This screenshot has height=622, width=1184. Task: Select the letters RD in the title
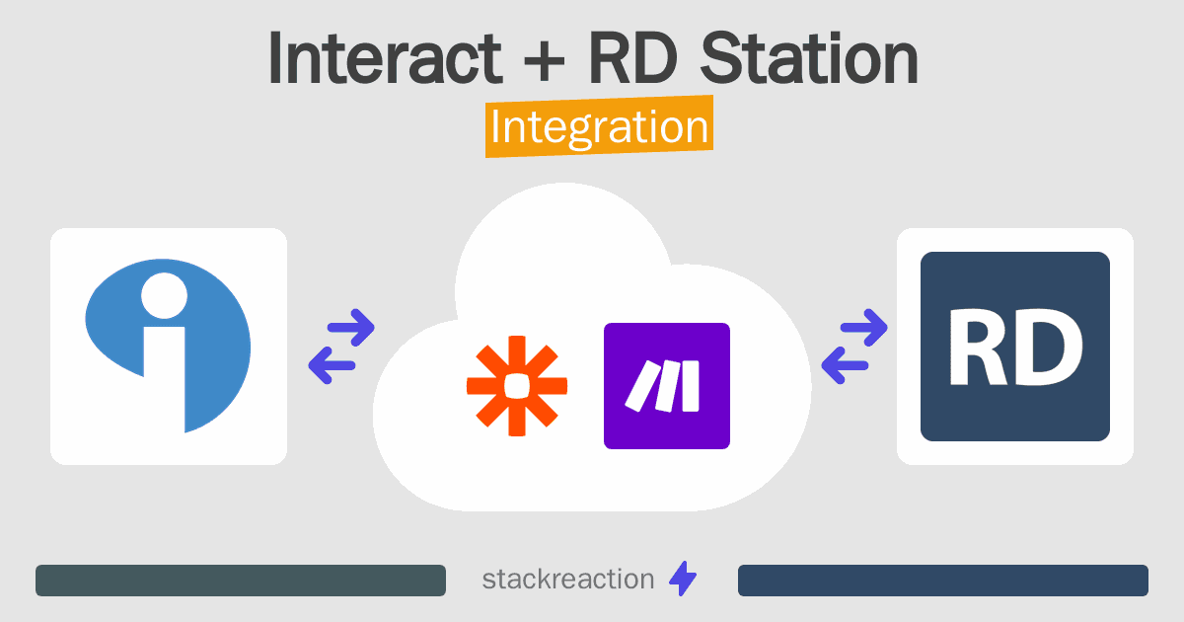pyautogui.click(x=633, y=57)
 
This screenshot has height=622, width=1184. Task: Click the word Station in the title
pyautogui.click(x=809, y=57)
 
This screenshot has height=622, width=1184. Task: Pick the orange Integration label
pyautogui.click(x=600, y=126)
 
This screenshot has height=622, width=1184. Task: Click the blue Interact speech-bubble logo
pyautogui.click(x=168, y=346)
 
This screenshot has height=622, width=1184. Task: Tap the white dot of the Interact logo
pyautogui.click(x=165, y=295)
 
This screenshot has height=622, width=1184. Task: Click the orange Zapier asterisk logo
pyautogui.click(x=517, y=386)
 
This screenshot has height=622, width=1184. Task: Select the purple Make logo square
pyautogui.click(x=667, y=386)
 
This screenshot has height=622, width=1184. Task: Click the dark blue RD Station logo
pyautogui.click(x=1015, y=347)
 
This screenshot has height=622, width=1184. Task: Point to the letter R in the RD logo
pyautogui.click(x=978, y=348)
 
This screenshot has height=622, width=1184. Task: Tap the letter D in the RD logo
pyautogui.click(x=1045, y=348)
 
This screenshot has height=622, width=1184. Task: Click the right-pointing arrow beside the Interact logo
pyautogui.click(x=351, y=328)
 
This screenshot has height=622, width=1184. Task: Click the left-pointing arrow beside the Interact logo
pyautogui.click(x=332, y=365)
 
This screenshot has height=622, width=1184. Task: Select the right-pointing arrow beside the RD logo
pyautogui.click(x=863, y=328)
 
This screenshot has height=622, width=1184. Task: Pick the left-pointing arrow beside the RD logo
pyautogui.click(x=845, y=365)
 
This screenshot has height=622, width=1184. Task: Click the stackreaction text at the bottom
pyautogui.click(x=568, y=580)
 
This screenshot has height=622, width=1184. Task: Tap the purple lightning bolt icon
pyautogui.click(x=683, y=579)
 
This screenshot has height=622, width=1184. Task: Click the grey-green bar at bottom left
pyautogui.click(x=241, y=581)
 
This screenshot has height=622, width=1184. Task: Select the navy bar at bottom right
pyautogui.click(x=943, y=581)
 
